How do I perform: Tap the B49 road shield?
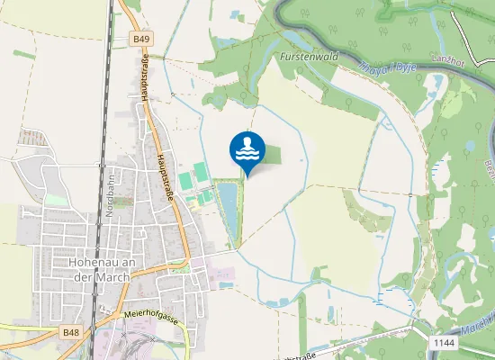[x=141, y=40]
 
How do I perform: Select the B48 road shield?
[x=71, y=332]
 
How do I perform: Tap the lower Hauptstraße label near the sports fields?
[x=165, y=175]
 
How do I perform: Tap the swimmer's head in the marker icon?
[x=247, y=140]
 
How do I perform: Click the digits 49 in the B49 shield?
[x=144, y=40]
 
